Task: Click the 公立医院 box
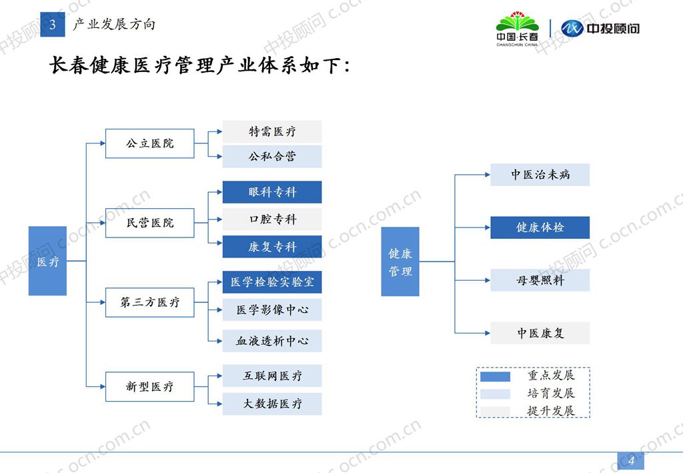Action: click(149, 143)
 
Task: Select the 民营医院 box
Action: click(149, 223)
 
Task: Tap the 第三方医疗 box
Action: click(149, 302)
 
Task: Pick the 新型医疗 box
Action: click(149, 387)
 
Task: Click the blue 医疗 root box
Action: click(47, 261)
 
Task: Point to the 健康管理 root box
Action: click(400, 262)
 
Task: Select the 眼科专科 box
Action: click(272, 192)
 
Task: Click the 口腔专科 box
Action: click(272, 219)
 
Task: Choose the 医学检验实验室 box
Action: click(272, 282)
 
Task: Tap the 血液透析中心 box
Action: click(272, 341)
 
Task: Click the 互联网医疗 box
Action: click(272, 376)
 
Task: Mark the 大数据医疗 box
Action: click(272, 404)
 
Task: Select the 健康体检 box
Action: click(540, 227)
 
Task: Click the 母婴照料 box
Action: click(540, 280)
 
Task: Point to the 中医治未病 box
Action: click(540, 175)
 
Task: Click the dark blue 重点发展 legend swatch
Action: click(495, 376)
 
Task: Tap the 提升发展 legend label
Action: click(550, 411)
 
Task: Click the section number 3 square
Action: click(52, 25)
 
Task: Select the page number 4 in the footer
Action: click(631, 460)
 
